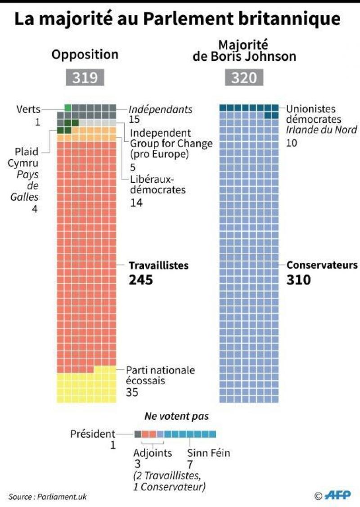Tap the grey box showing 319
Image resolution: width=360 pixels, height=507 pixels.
coord(85,77)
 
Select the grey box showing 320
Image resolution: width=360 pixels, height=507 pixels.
coord(244,77)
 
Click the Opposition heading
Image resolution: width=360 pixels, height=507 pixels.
coord(85,54)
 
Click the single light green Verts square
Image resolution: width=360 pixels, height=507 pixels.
coord(68,108)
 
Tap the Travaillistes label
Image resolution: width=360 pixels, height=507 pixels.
coord(158,265)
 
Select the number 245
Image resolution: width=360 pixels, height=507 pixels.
coord(141,280)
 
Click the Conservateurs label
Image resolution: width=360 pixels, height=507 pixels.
coord(322,265)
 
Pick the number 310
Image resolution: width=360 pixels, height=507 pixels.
coord(299,280)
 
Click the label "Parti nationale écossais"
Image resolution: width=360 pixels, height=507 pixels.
coord(160,375)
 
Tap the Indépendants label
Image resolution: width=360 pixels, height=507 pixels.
coord(161,109)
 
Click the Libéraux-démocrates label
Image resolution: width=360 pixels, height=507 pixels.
coord(157,184)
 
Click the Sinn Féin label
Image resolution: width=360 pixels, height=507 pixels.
coord(208,453)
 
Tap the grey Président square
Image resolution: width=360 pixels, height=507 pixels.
coord(138,434)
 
